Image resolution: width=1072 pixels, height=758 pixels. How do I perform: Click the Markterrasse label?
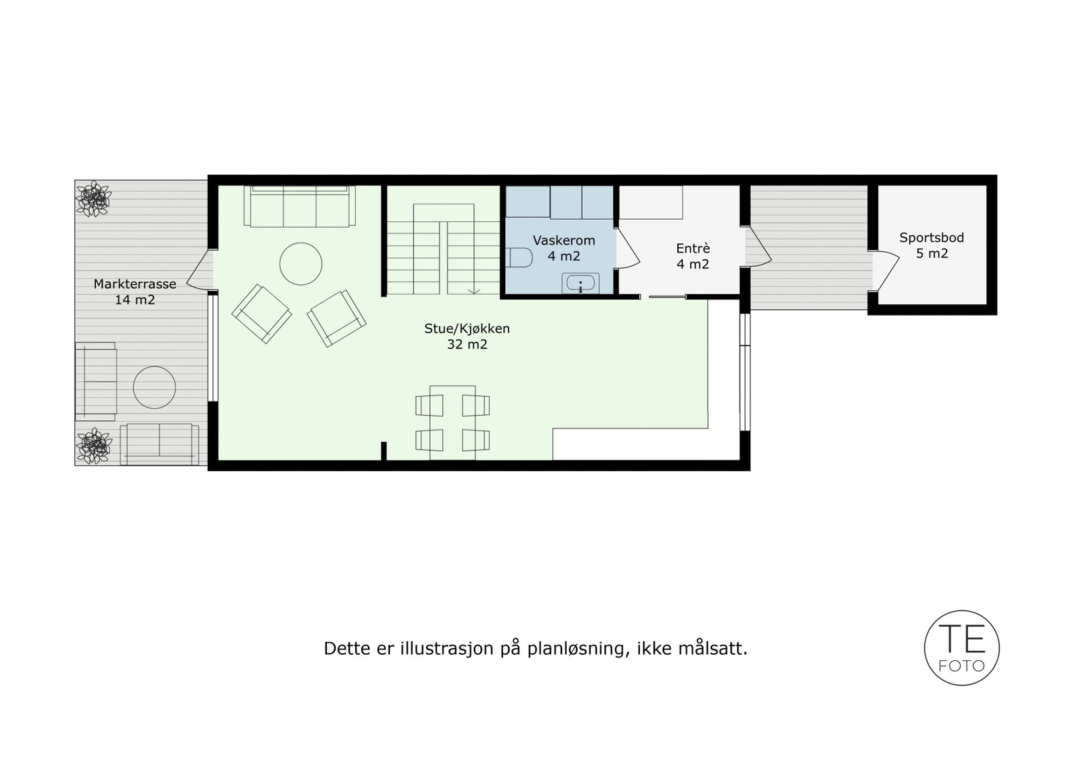tap(135, 283)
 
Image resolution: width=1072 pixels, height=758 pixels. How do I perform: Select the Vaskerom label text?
tap(563, 240)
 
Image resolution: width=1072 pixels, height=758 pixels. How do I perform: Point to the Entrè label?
tap(692, 248)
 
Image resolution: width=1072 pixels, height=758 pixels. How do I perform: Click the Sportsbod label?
tap(931, 238)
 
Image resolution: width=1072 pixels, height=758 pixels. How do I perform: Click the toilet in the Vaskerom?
tap(520, 257)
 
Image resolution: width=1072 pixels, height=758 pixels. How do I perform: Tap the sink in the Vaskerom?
tap(580, 283)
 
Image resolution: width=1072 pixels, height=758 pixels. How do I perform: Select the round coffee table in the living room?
tap(301, 264)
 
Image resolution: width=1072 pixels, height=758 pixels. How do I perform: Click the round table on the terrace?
tap(154, 387)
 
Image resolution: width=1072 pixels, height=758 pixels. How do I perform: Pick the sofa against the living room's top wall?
tap(299, 206)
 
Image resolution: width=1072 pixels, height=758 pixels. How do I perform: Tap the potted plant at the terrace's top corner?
tap(93, 198)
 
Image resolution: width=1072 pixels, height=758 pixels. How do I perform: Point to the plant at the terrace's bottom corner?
tap(93, 446)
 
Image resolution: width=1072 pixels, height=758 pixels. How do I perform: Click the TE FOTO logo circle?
tap(961, 647)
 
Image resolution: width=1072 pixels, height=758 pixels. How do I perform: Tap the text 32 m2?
tap(467, 344)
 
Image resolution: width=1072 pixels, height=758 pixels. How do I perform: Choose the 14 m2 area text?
tap(135, 300)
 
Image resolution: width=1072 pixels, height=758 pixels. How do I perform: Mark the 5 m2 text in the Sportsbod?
tap(931, 253)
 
